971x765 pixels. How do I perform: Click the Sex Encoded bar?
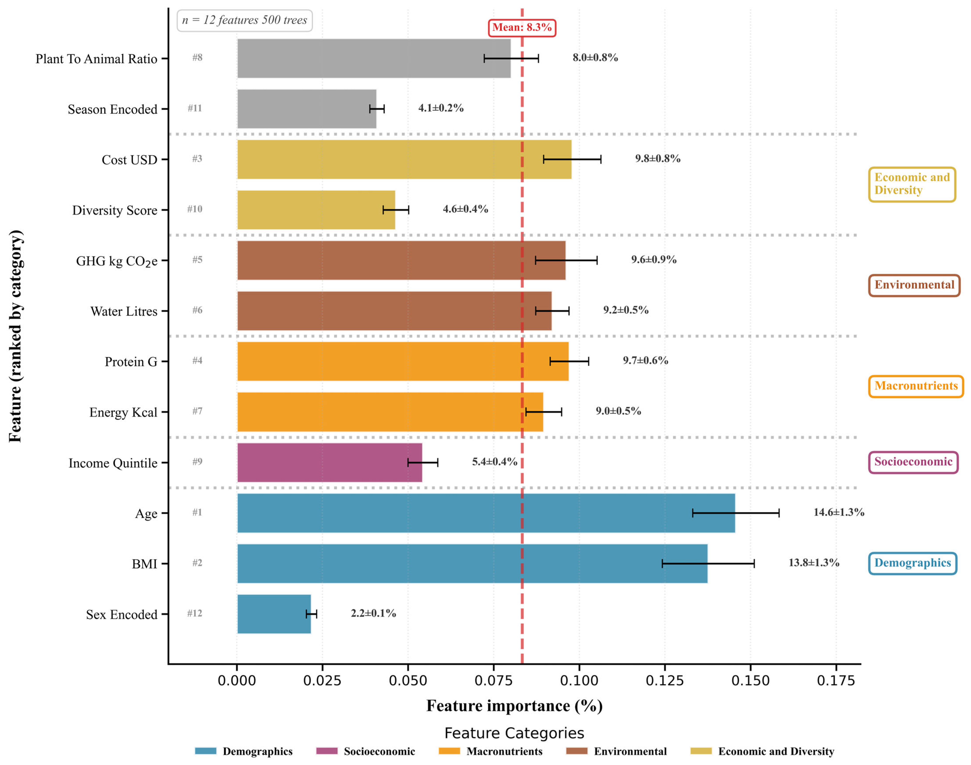tap(274, 614)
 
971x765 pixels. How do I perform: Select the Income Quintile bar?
tap(329, 463)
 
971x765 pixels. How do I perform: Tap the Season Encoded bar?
tap(307, 109)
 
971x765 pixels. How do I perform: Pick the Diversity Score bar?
tap(316, 210)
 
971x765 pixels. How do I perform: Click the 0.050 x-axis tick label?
tap(408, 681)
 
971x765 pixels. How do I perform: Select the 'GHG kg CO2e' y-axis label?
tap(116, 261)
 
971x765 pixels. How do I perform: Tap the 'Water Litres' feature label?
tap(124, 311)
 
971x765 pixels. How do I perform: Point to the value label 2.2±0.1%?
tap(373, 613)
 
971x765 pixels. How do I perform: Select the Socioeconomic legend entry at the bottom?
tap(366, 751)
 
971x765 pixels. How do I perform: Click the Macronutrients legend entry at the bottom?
tap(491, 751)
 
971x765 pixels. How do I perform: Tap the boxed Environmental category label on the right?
tap(914, 285)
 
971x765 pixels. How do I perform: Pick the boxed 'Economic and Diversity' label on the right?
tap(912, 184)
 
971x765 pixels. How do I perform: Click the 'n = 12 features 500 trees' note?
tap(245, 20)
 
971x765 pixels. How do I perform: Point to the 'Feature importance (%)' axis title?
tap(514, 706)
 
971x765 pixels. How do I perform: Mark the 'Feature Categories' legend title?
tap(514, 733)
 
